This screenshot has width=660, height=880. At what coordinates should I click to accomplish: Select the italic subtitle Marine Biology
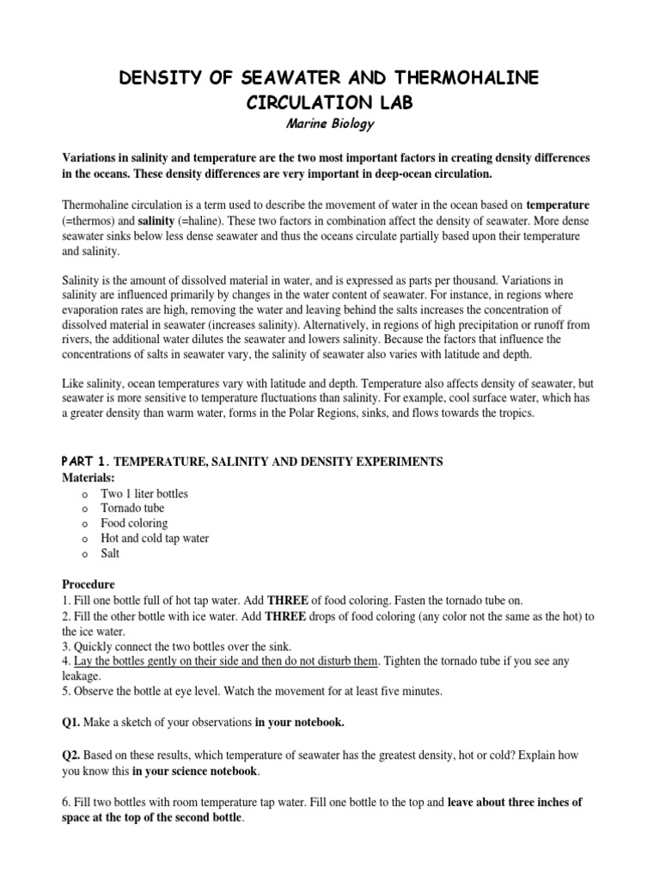[x=330, y=125]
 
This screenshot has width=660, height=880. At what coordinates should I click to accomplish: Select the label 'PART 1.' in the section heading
[x=84, y=461]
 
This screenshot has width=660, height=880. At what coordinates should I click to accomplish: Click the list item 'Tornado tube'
[x=132, y=508]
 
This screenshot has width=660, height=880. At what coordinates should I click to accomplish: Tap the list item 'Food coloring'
[x=134, y=522]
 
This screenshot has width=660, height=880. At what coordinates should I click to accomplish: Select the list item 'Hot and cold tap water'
[x=155, y=538]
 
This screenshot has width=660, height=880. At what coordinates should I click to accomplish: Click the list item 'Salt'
[x=110, y=553]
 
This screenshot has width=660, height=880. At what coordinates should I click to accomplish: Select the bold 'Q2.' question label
[x=74, y=755]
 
